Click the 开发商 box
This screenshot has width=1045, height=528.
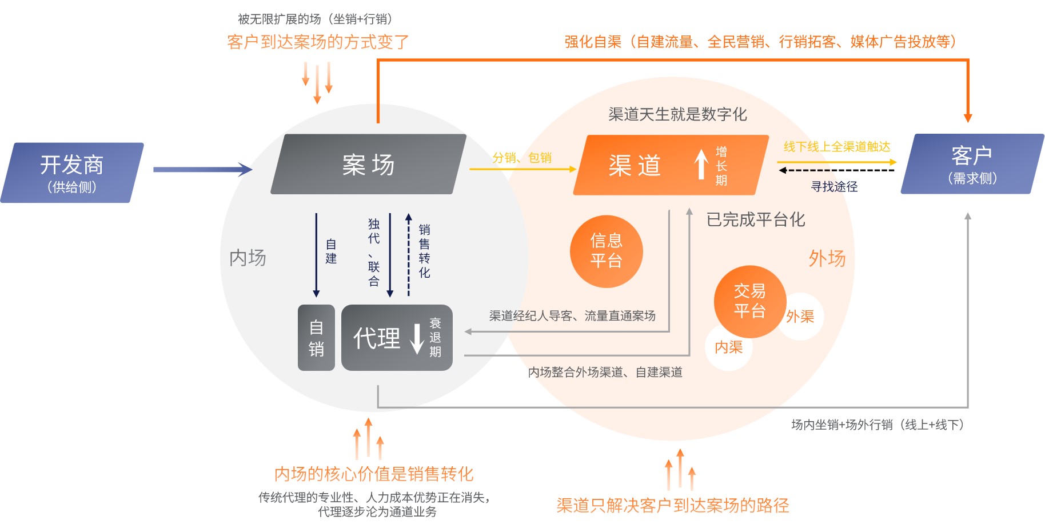pyautogui.click(x=72, y=173)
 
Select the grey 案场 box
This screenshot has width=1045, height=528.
pyautogui.click(x=368, y=165)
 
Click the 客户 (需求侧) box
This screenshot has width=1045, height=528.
pyautogui.click(x=972, y=164)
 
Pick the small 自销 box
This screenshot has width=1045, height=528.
pyautogui.click(x=316, y=338)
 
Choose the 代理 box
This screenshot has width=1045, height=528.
pyautogui.click(x=397, y=338)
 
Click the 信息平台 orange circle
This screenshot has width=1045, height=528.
pyautogui.click(x=606, y=251)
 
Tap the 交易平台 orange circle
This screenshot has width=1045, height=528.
pyautogui.click(x=749, y=301)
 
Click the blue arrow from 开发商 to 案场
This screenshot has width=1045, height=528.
pyautogui.click(x=202, y=169)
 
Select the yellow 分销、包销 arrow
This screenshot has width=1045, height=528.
pyautogui.click(x=522, y=169)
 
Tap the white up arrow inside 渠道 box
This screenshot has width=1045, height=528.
pyautogui.click(x=701, y=164)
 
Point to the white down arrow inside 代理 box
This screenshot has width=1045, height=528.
pyautogui.click(x=417, y=338)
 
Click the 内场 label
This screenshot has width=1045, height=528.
pyautogui.click(x=248, y=258)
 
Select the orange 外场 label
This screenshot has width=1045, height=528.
pyautogui.click(x=827, y=258)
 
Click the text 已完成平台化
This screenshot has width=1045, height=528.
pyautogui.click(x=755, y=219)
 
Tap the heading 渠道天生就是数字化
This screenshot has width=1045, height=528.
pyautogui.click(x=677, y=114)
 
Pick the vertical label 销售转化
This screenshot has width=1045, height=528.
pyautogui.click(x=424, y=251)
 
